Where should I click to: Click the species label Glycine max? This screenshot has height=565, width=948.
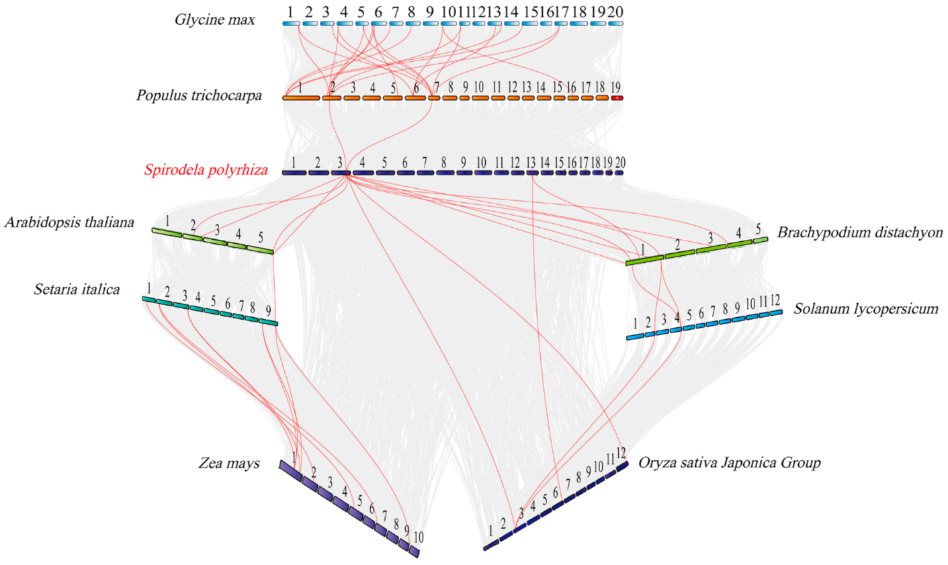click(x=214, y=20)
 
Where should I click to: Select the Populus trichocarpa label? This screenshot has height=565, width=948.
click(x=199, y=95)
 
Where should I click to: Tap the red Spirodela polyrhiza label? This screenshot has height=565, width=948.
click(x=206, y=170)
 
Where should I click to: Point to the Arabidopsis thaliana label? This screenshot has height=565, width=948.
click(x=69, y=222)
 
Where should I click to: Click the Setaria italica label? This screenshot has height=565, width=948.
click(x=77, y=290)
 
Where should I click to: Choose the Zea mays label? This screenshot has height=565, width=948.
click(x=228, y=463)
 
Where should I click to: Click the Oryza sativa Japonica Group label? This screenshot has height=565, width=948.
click(x=729, y=462)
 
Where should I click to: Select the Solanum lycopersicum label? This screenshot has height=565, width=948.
click(x=866, y=309)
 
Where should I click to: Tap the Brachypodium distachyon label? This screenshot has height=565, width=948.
click(x=860, y=232)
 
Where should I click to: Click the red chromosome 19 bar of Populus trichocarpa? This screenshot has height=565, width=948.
click(x=616, y=98)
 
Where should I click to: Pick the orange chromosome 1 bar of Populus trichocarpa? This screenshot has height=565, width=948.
click(x=301, y=98)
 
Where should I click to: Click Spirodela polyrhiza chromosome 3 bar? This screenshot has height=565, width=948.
click(x=341, y=173)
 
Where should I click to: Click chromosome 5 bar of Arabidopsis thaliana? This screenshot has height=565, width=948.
click(x=260, y=250)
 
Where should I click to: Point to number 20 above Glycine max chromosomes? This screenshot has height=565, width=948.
click(x=615, y=12)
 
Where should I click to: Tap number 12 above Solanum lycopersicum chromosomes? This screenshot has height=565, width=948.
click(x=775, y=300)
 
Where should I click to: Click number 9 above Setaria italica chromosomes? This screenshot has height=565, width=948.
click(x=268, y=311)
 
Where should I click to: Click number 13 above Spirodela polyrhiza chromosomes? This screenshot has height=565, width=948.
click(x=531, y=163)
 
